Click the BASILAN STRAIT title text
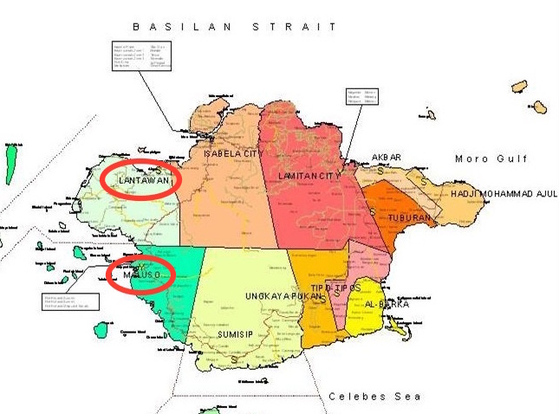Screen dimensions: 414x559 232,27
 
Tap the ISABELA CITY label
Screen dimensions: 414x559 233,154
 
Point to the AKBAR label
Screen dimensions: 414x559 387,157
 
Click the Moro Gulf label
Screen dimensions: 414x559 485,158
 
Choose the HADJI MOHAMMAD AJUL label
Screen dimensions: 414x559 504,193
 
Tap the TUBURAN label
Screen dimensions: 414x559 409,217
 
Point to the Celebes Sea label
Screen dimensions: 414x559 374,397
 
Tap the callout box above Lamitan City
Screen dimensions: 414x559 361,95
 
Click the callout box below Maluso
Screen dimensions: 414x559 69,301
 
